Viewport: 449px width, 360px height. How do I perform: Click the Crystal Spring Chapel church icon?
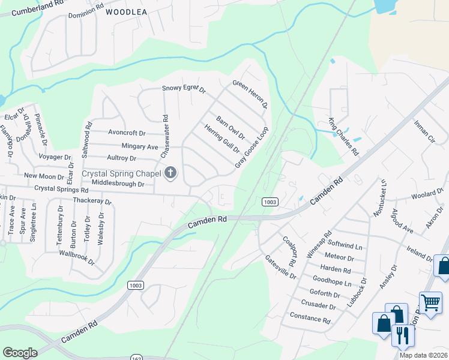point(170,174)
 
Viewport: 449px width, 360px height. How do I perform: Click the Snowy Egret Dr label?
point(184,89)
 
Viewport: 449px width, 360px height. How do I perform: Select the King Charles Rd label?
point(343,137)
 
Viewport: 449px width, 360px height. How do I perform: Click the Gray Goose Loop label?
point(251,147)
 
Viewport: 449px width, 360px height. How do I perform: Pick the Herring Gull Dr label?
point(221,139)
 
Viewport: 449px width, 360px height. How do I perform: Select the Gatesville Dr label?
point(281,266)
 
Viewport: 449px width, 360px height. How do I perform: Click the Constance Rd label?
point(310,317)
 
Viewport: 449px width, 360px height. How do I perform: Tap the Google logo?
point(20,353)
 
